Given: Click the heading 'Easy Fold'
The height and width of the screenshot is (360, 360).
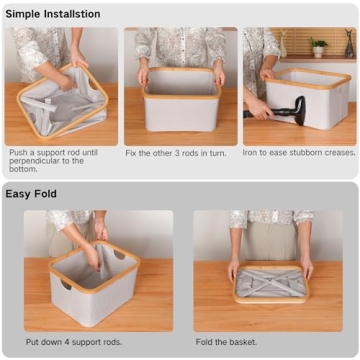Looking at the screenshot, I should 32,193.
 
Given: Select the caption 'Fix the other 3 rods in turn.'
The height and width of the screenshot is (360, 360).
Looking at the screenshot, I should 178,153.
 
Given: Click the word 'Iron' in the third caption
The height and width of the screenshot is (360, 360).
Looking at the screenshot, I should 252,153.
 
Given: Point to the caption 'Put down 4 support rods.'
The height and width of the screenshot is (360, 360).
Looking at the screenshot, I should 74,342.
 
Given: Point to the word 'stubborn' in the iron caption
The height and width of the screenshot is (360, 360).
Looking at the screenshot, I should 305,153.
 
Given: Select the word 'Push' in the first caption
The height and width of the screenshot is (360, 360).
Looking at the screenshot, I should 18,153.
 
